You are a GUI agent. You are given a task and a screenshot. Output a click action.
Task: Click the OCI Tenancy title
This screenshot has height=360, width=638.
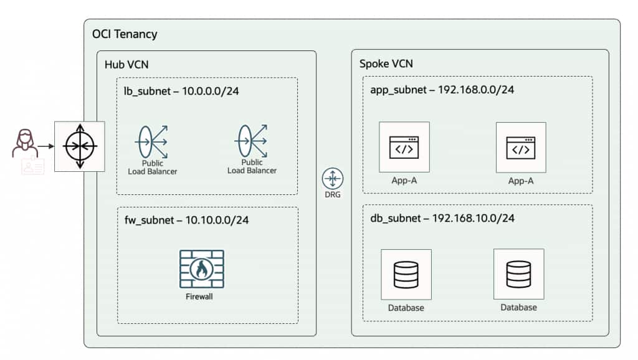click(125, 34)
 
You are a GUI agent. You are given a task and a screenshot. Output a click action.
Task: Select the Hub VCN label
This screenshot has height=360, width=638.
click(123, 64)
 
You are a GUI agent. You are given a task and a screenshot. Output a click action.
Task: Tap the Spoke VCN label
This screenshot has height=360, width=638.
click(386, 64)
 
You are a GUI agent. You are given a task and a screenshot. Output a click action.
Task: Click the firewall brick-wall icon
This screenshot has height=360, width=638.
click(201, 268)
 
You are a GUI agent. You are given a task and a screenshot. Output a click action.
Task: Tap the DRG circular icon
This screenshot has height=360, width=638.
click(332, 179)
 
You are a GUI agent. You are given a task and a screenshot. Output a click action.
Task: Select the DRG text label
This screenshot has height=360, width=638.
click(332, 196)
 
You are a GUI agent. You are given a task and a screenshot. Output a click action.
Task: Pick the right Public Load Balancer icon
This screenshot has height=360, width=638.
click(252, 141)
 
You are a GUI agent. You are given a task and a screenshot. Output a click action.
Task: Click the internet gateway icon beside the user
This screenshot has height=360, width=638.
click(80, 146)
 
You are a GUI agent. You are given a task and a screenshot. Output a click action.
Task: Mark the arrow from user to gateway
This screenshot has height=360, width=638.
click(45, 146)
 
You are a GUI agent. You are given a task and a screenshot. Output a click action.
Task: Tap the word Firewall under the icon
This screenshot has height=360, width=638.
click(199, 296)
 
